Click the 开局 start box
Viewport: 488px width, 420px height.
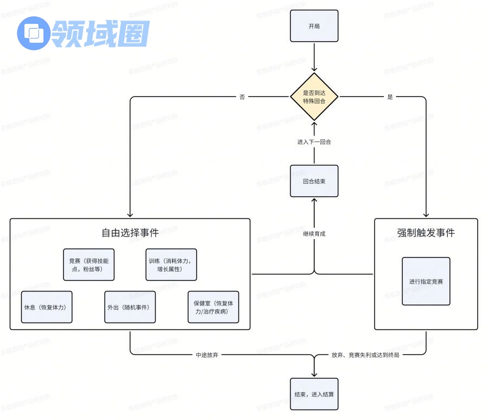coord(314,26)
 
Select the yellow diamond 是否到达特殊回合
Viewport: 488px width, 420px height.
coord(314,97)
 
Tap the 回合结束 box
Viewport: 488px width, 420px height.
coord(314,181)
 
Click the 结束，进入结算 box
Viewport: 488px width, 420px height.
coord(314,394)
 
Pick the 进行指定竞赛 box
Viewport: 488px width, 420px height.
coord(426,281)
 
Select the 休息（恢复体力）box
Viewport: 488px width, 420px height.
coord(46,307)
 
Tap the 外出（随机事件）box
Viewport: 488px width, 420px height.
coord(130,307)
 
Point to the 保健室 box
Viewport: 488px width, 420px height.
coord(213,307)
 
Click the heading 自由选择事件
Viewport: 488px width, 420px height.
coord(130,233)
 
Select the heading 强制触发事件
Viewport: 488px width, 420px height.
coord(426,233)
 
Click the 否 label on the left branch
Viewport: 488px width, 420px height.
coord(242,97)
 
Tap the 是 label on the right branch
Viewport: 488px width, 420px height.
coord(390,97)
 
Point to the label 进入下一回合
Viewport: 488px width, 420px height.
coord(314,142)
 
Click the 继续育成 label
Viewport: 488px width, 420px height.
coord(314,234)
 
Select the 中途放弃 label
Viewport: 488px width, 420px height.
coord(207,356)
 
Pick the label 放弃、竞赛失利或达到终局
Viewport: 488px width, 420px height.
coord(365,356)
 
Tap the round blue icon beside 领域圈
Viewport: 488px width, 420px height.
coord(34,33)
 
